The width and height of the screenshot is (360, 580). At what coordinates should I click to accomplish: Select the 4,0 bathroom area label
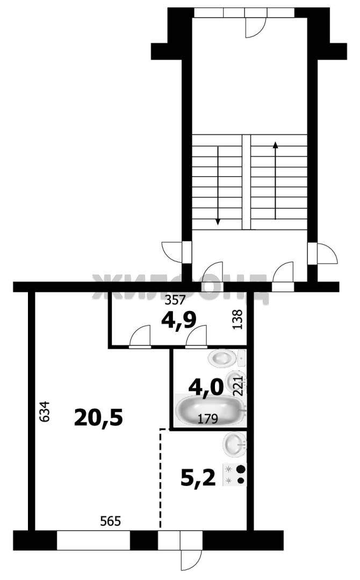click(206, 387)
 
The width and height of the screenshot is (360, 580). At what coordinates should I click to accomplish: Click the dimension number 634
click(45, 411)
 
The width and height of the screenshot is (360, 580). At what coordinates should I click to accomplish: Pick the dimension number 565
click(111, 521)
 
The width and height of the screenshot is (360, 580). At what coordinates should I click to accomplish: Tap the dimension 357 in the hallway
click(175, 300)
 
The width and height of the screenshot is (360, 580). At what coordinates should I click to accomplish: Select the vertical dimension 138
click(237, 319)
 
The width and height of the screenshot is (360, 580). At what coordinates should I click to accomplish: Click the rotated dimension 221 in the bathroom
click(239, 386)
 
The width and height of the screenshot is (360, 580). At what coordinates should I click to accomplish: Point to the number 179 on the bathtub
click(207, 419)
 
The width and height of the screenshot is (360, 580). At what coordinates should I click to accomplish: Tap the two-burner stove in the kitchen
click(235, 475)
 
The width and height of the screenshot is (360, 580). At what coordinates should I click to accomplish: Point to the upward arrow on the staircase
click(275, 180)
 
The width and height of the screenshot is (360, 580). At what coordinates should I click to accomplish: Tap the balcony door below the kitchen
click(191, 550)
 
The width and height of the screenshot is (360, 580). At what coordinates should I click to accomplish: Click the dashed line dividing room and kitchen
click(161, 478)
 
